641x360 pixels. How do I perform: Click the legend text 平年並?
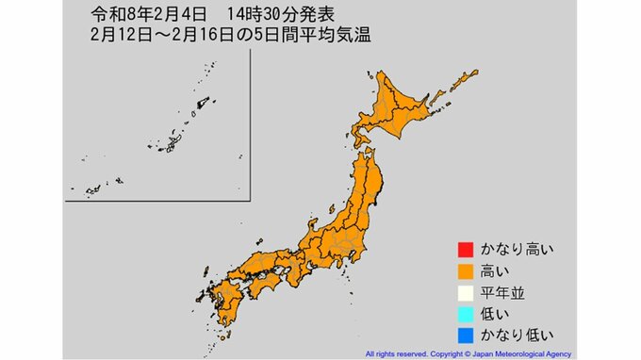pos(499,293)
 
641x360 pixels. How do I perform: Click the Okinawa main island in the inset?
pos(173,143)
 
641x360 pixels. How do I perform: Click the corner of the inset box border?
pos(251,199)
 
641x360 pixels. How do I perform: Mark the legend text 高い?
pos(491,271)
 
